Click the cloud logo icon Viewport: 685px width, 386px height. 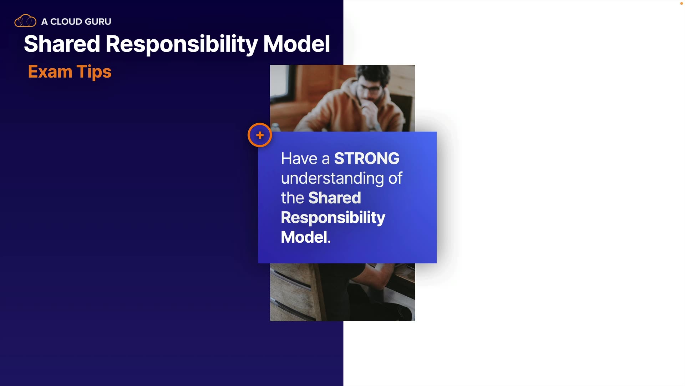pos(25,21)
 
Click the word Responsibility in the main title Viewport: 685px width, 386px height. pos(182,45)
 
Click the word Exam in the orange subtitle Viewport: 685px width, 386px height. pos(50,71)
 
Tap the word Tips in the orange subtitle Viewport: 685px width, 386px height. pos(94,72)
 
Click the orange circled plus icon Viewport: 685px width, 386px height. pos(260,135)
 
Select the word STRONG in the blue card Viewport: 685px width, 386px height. pos(367,158)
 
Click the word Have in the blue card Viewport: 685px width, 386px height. pos(299,158)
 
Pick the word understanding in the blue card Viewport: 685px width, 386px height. pos(332,179)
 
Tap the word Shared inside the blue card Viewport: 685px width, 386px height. pos(335,198)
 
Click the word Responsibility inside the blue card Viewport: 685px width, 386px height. pos(333,218)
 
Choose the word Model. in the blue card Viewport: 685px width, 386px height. pos(306,237)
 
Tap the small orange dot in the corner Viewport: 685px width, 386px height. pos(681,3)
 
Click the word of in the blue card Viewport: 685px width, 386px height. pos(395,178)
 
